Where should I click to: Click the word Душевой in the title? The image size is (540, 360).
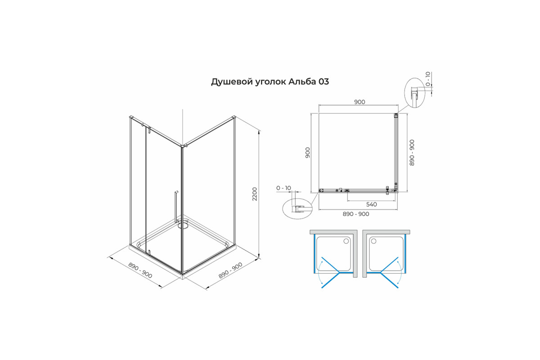pos(232,82)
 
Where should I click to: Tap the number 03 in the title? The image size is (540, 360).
pos(324,82)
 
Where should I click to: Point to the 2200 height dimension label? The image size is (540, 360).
pos(255,194)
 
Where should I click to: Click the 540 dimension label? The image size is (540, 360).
pos(372,204)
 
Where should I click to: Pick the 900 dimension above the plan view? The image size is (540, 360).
pos(360,102)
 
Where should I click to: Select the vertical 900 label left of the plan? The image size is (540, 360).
pos(308,153)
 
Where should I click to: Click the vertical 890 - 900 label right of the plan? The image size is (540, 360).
pos(412,153)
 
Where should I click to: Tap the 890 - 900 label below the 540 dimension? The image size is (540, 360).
pos(356,214)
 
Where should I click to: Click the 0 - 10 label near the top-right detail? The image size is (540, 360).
pos(428,79)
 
